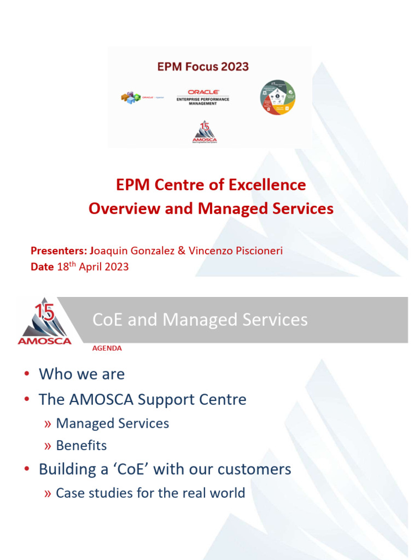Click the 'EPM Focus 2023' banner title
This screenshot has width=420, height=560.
click(x=203, y=67)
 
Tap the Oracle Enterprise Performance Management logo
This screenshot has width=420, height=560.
click(x=203, y=97)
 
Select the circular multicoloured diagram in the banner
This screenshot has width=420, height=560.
click(x=277, y=97)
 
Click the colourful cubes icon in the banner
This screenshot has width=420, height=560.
click(x=131, y=98)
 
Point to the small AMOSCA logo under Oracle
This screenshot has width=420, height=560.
click(x=204, y=132)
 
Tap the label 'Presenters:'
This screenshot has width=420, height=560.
click(x=59, y=250)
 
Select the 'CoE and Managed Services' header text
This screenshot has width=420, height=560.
click(x=200, y=319)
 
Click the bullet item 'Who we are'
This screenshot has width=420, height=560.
click(x=81, y=374)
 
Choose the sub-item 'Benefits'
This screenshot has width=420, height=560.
click(x=81, y=445)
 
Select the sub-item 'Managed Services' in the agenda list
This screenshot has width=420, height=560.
click(x=112, y=423)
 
